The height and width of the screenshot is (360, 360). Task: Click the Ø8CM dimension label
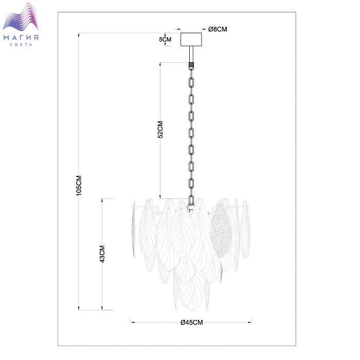click(x=218, y=29)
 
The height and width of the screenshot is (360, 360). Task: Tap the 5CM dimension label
click(x=165, y=40)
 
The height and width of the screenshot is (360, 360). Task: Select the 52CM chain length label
click(x=160, y=130)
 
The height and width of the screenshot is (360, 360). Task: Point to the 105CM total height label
click(x=79, y=186)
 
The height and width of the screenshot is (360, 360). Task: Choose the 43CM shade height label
click(x=102, y=254)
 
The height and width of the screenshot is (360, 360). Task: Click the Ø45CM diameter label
click(x=192, y=322)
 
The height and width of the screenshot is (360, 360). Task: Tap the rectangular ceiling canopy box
click(x=191, y=39)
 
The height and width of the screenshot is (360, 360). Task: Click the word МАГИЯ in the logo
click(x=21, y=38)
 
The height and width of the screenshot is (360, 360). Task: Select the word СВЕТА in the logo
click(x=21, y=45)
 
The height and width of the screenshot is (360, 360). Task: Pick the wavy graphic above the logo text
click(x=21, y=17)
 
